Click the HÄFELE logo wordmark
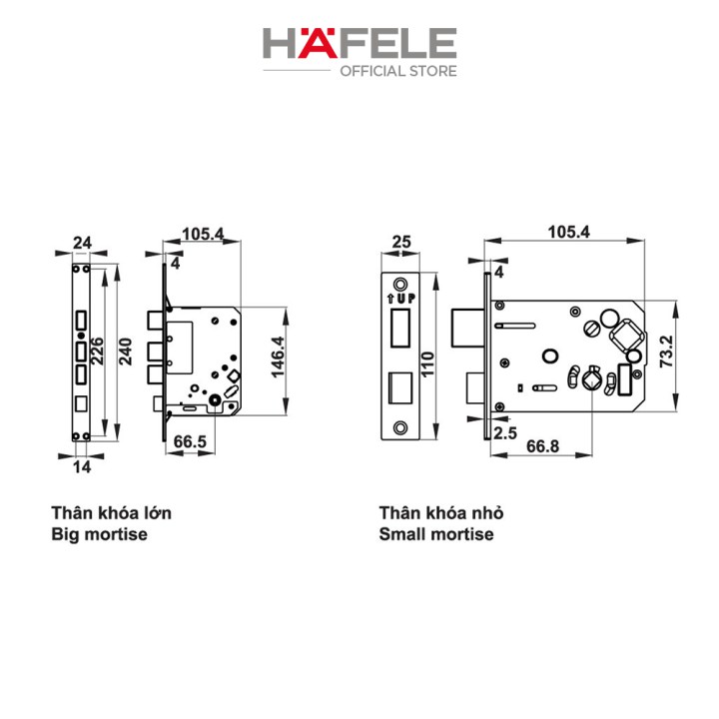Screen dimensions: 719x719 click(x=359, y=43)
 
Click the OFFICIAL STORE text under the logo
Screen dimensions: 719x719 click(x=398, y=71)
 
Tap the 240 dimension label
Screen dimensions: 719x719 click(x=125, y=352)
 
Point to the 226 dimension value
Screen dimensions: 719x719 click(x=97, y=352)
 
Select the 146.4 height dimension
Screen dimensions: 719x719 click(x=278, y=358)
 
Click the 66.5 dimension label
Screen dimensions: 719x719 click(x=190, y=441)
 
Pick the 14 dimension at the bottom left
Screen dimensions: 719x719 click(x=82, y=467)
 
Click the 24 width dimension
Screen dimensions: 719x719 click(x=82, y=243)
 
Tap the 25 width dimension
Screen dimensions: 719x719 click(x=401, y=242)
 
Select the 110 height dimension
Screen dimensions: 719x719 click(x=427, y=364)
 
